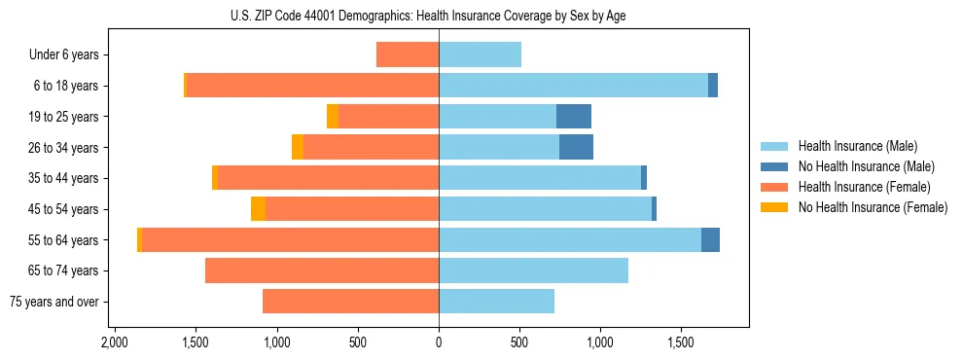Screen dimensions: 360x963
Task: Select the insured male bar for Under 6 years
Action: coord(480,54)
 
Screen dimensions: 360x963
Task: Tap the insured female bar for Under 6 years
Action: coord(408,54)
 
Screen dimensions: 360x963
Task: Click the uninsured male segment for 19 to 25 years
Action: coord(574,117)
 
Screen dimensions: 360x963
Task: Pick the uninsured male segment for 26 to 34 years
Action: coord(576,147)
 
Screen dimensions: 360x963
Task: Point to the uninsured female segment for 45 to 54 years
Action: coord(258,209)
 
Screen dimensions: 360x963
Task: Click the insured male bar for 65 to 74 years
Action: coord(533,270)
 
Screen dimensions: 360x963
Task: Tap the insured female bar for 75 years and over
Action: coord(350,302)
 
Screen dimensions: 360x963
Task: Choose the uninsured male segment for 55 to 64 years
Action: coord(710,239)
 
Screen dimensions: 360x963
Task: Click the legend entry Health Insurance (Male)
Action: coord(857,146)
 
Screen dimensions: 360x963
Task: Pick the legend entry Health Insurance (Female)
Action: coord(864,187)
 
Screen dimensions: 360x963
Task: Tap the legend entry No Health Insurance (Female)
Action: coord(873,207)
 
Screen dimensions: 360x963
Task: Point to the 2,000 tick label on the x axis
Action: coord(115,343)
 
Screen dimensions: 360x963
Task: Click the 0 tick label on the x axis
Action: coord(439,343)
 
